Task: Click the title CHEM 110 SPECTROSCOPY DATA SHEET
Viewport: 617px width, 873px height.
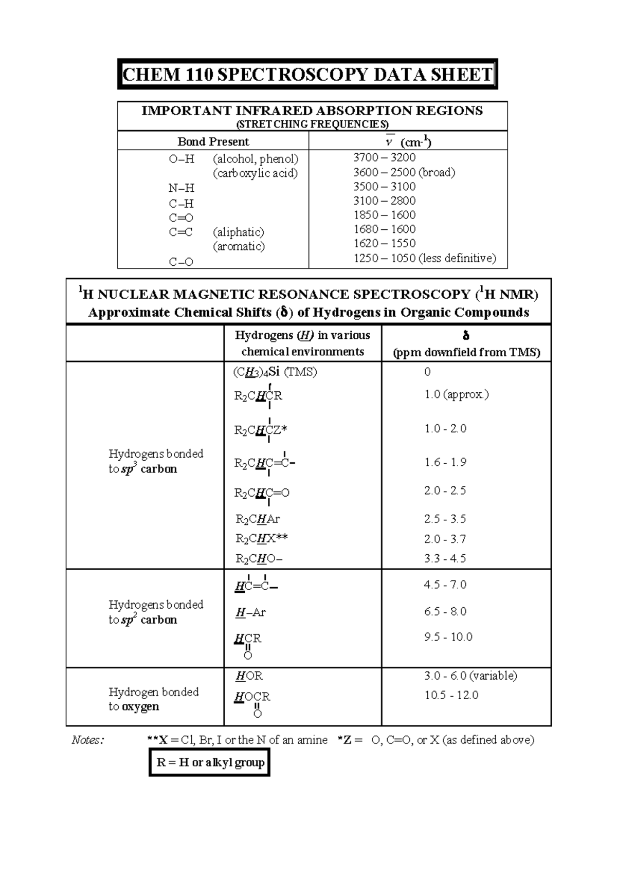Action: [307, 75]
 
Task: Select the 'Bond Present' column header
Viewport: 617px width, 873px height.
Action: [213, 141]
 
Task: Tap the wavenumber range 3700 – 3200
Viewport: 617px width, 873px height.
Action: [384, 157]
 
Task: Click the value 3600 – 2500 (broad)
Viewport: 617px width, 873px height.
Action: [404, 172]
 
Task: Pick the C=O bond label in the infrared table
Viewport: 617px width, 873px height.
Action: [181, 217]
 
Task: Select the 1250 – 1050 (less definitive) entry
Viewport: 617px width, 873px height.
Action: [425, 258]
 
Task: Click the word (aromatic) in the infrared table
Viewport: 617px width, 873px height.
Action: [239, 246]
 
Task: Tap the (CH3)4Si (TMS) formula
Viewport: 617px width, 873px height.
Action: [275, 372]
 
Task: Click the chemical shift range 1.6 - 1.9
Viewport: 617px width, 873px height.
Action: [445, 462]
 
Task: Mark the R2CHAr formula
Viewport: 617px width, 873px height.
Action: [258, 519]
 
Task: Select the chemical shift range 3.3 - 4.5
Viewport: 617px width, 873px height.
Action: [445, 558]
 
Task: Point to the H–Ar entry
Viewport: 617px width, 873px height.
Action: [250, 612]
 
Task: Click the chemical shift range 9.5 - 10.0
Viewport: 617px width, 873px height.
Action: [448, 637]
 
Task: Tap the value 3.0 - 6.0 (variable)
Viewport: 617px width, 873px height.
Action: [470, 676]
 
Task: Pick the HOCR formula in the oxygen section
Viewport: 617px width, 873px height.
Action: [252, 697]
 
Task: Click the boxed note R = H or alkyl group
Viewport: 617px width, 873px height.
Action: [210, 762]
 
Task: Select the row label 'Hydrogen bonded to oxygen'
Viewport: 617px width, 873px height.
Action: [153, 699]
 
